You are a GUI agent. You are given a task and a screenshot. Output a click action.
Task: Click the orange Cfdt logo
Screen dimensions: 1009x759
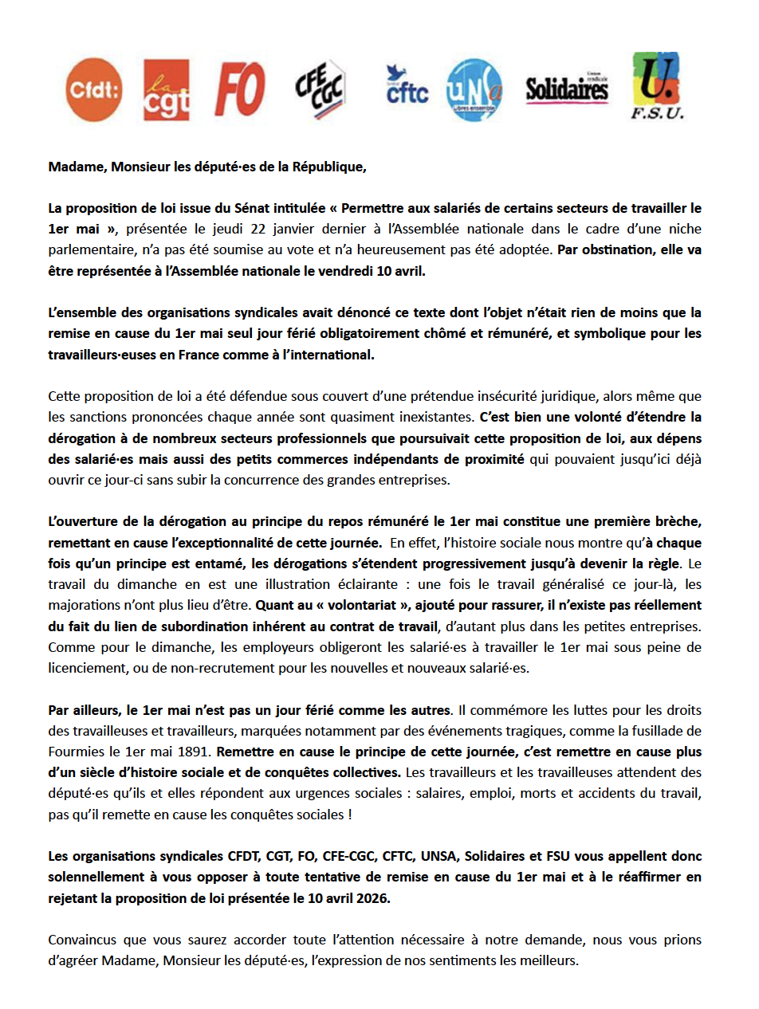point(94,89)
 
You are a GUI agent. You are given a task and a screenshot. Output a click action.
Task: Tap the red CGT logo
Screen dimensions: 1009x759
point(166,89)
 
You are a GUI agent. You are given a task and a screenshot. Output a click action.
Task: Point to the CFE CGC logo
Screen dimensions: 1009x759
point(320,89)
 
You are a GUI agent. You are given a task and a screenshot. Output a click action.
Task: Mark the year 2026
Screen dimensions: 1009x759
point(376,897)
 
